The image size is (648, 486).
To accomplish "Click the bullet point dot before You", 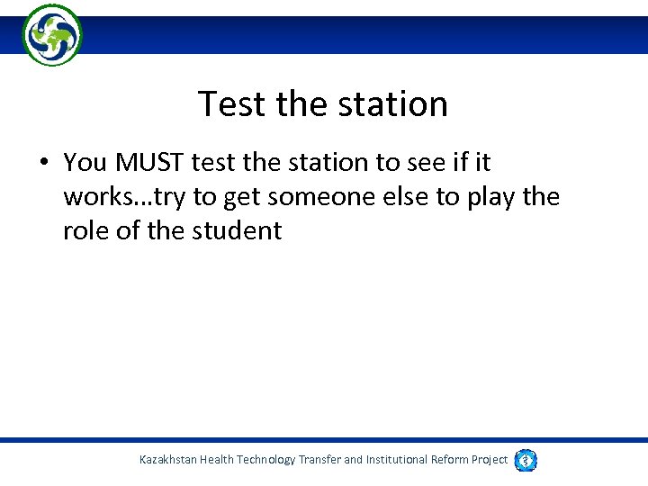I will coord(42,163).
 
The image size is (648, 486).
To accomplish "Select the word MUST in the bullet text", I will coord(148,163).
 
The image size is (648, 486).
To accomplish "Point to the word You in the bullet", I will coord(85,163).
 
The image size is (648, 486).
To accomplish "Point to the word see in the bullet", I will coord(416,163).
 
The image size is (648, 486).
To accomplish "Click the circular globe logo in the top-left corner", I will coord(52,35).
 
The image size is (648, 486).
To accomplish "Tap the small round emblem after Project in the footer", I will coord(526,460).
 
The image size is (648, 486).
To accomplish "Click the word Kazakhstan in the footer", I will coord(167,460).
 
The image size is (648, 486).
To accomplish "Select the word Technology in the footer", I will coord(266,460).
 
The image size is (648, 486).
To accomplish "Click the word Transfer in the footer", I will coord(319,460).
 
